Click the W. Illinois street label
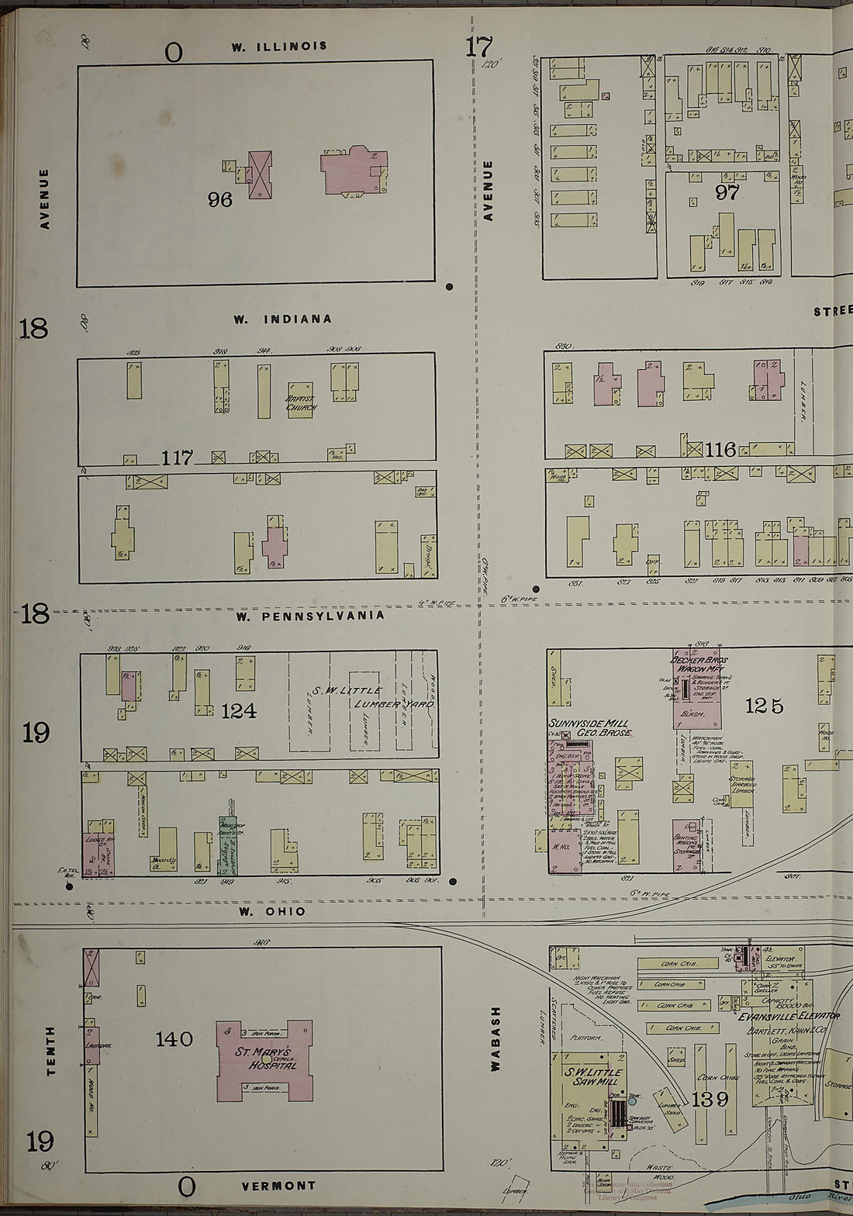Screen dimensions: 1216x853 278,47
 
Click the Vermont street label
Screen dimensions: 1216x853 278,1186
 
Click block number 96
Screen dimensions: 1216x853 220,200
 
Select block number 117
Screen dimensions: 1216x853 177,458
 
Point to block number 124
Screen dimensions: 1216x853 238,710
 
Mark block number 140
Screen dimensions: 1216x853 174,1039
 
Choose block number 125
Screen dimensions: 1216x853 764,706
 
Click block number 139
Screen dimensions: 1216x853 710,1099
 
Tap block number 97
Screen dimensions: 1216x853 727,192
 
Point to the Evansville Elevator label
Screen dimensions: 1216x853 788,1016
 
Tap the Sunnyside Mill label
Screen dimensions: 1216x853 590,727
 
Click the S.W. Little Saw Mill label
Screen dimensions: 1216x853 594,1076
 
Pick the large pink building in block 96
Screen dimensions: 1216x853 354,171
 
